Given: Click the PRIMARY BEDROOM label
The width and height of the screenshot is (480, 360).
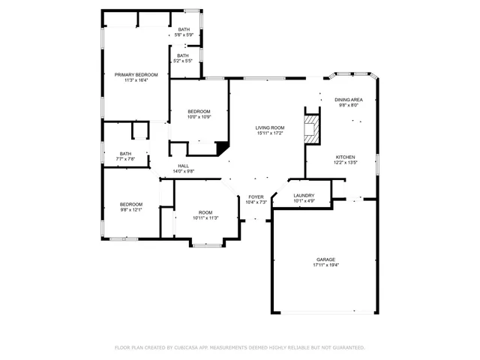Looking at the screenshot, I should [136, 75].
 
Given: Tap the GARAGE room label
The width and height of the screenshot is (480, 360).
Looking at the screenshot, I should [325, 259].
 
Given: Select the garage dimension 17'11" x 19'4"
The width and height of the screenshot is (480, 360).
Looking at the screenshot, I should [325, 265].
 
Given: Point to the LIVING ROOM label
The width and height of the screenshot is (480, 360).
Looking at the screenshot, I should [269, 127].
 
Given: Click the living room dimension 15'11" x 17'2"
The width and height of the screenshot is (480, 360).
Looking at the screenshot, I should [269, 133].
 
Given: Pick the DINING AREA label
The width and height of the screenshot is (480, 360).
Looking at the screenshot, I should [349, 100].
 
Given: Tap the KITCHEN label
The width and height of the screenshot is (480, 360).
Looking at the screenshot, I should [344, 157].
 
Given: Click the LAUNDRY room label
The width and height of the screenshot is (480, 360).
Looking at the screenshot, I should [304, 195].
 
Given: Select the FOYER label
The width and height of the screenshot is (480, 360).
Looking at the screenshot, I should [256, 196].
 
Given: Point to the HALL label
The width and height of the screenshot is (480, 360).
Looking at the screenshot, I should [183, 166].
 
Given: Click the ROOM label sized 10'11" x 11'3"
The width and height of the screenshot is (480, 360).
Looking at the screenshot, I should [205, 212].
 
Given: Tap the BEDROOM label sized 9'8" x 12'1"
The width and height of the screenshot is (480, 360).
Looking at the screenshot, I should [131, 204].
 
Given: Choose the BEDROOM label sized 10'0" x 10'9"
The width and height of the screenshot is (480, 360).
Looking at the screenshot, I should [199, 111].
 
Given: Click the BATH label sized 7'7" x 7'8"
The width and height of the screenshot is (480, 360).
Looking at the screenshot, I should [125, 154].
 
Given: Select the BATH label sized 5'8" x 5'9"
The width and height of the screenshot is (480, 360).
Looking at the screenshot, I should [184, 29].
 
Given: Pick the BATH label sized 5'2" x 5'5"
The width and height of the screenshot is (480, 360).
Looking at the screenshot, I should [183, 55].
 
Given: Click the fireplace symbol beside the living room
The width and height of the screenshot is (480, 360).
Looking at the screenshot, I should [311, 127].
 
